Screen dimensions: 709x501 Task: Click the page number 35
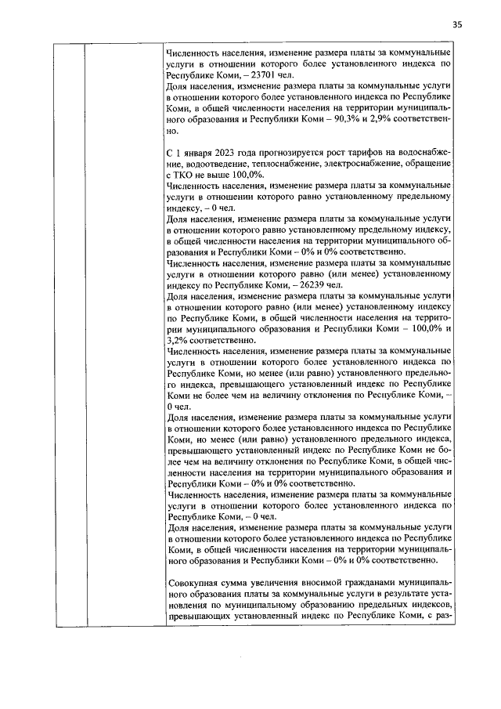(x=457, y=24)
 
